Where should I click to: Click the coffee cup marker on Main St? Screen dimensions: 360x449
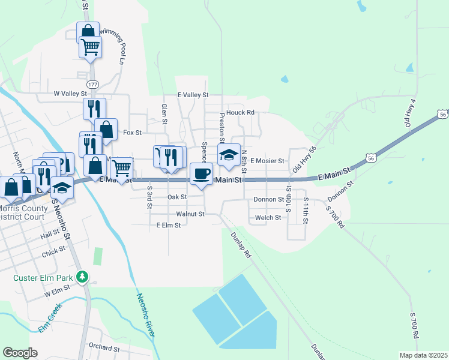201,173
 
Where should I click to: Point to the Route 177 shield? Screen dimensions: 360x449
92,85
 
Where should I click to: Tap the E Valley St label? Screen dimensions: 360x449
193,95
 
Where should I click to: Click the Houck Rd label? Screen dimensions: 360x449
241,112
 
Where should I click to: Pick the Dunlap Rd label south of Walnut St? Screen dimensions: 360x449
241,245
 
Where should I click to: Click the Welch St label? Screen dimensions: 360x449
268,218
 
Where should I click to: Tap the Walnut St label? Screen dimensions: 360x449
190,214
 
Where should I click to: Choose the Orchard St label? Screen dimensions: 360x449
104,347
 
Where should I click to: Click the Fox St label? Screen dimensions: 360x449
132,132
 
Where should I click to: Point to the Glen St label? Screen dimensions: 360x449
163,113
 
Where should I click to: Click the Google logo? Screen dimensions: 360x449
20,352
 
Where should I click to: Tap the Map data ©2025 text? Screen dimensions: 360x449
423,355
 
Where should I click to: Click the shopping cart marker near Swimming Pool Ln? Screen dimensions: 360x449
91,46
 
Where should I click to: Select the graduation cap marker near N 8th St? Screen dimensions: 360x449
228,155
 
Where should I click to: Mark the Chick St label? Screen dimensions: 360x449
54,254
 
